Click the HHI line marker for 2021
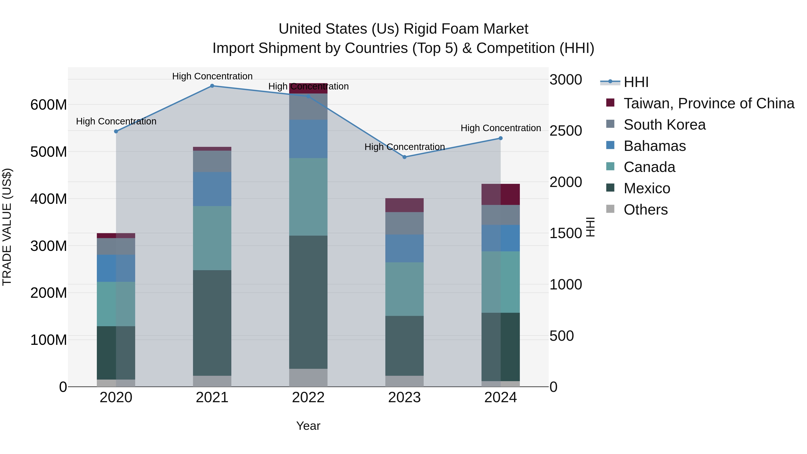pos(212,86)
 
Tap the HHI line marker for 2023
pos(404,157)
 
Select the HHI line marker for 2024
pos(500,138)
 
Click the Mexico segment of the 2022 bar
pos(308,302)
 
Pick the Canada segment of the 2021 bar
pos(212,238)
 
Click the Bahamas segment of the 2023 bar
pos(404,248)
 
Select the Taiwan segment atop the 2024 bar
pos(500,194)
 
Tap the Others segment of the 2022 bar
pos(308,377)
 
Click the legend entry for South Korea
pos(664,125)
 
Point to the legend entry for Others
pos(645,210)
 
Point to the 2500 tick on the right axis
pos(566,131)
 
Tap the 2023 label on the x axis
pos(404,398)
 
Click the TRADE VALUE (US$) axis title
pos(7,227)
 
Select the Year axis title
pos(308,426)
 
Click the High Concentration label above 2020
pos(116,121)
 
